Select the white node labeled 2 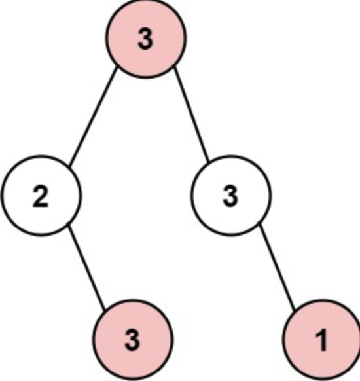click(41, 196)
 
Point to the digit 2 click(41, 197)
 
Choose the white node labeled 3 click(230, 196)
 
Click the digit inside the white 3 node click(230, 197)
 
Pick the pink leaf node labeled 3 click(133, 339)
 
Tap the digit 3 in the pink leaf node click(133, 340)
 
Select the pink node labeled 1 click(321, 339)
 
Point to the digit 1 click(321, 340)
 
